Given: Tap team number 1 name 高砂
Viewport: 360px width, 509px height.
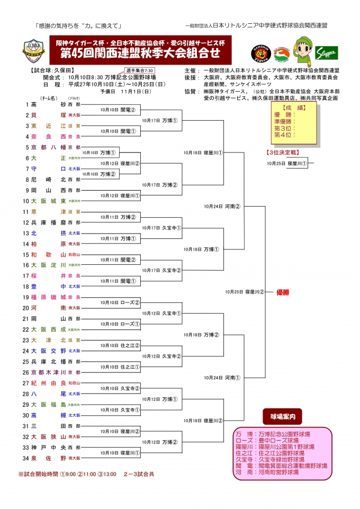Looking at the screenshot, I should (48, 104).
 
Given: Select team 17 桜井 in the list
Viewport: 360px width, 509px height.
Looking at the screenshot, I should (48, 276).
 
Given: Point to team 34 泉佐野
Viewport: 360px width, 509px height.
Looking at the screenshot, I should (48, 458).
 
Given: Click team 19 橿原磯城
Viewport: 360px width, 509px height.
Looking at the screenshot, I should (48, 297).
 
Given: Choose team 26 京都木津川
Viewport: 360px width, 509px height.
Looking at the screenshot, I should (48, 372).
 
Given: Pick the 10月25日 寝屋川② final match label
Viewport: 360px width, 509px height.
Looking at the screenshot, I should (244, 292).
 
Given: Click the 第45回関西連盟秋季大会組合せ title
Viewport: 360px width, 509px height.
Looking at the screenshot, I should (141, 53).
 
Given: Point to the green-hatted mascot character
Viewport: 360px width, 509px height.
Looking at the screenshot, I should (299, 51).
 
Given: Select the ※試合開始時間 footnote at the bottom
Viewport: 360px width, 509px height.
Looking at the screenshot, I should (86, 474).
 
